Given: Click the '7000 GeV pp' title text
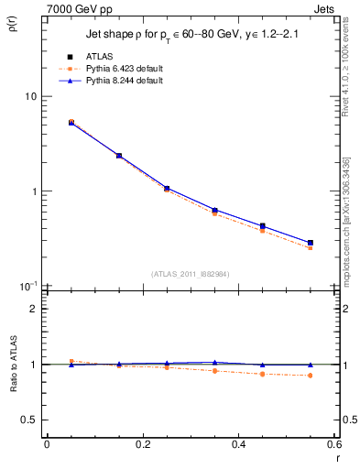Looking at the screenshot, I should click(x=78, y=9).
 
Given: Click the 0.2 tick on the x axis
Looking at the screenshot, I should click(x=142, y=444).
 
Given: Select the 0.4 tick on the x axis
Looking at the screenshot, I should click(x=238, y=444).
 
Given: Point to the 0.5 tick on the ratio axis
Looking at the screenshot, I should click(x=29, y=420).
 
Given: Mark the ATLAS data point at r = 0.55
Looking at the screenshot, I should click(x=310, y=243).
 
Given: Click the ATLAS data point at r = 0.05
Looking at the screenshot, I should click(x=71, y=122).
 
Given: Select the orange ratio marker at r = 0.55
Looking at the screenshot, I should click(x=310, y=376).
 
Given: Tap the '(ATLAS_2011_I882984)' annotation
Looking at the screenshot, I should click(x=190, y=273).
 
